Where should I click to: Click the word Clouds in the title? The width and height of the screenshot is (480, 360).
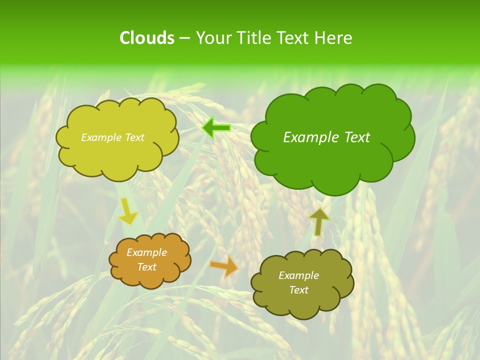[146, 38]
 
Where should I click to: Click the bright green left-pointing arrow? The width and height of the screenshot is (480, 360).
[216, 128]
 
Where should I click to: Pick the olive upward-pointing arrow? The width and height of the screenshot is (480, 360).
[319, 221]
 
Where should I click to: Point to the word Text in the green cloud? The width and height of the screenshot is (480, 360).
[356, 137]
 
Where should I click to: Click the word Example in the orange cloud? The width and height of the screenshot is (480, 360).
[146, 252]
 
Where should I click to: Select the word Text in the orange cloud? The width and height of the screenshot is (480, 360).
[146, 267]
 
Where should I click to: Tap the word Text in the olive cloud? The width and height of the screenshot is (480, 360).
[298, 290]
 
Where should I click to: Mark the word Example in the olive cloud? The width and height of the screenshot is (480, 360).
[298, 275]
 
